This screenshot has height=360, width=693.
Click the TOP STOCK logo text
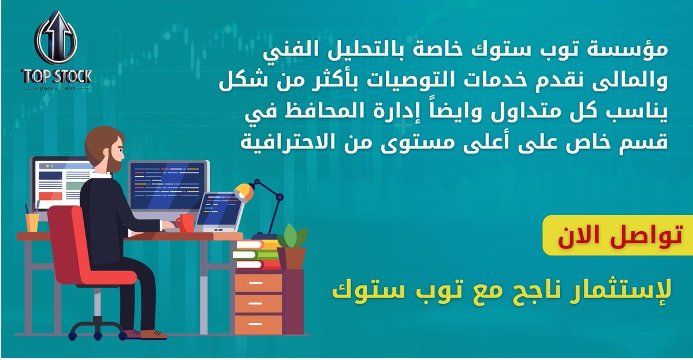point(56,76)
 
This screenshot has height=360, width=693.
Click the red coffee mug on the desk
point(185,222)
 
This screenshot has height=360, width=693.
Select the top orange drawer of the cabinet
point(259,283)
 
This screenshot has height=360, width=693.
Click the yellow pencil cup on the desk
point(32,222)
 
